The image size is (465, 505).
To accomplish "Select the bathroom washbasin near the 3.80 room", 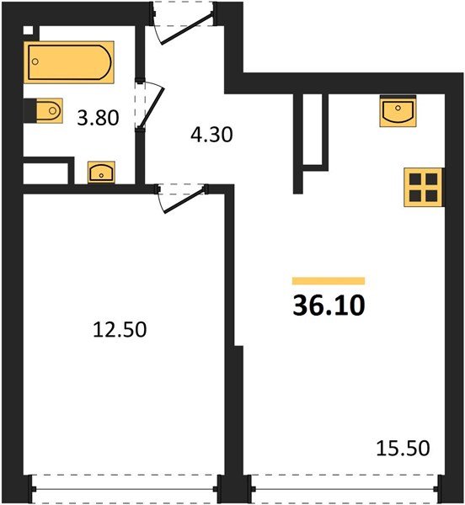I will coord(102,173).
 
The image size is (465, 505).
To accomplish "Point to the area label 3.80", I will coord(97,119).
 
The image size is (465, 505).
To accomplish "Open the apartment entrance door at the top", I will coord(184,24).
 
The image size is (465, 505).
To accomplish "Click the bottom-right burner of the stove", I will coord(430,195).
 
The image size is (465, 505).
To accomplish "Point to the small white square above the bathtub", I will coord(29,31).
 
